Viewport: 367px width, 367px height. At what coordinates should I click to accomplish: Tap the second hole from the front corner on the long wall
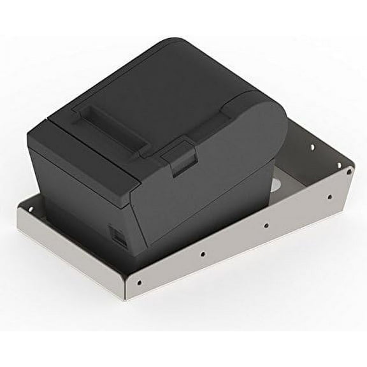tap(203, 254)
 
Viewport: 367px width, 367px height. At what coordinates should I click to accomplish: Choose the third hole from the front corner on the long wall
tap(265, 224)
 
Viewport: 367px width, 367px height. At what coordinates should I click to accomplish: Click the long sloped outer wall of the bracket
tap(236, 255)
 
